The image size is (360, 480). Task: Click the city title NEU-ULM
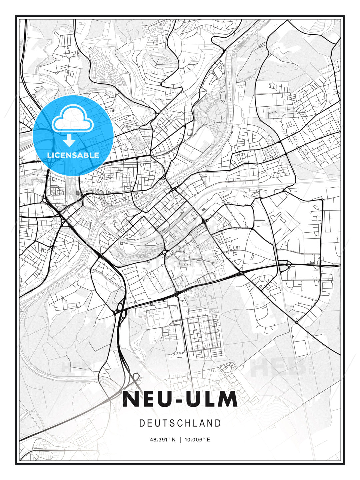(x=180, y=399)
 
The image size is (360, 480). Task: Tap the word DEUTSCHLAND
(x=180, y=423)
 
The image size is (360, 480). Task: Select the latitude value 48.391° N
(x=163, y=439)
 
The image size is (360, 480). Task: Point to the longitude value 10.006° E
(x=197, y=439)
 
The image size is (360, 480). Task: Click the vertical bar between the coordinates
(x=180, y=439)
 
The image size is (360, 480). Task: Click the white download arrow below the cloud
(x=69, y=141)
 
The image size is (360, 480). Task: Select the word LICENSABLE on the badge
(x=73, y=155)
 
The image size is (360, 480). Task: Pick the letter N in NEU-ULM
(x=131, y=399)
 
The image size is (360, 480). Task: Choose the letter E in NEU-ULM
(x=149, y=399)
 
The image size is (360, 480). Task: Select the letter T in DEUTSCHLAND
(x=165, y=423)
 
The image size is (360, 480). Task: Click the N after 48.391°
(x=173, y=439)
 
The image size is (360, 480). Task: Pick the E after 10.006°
(x=208, y=439)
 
